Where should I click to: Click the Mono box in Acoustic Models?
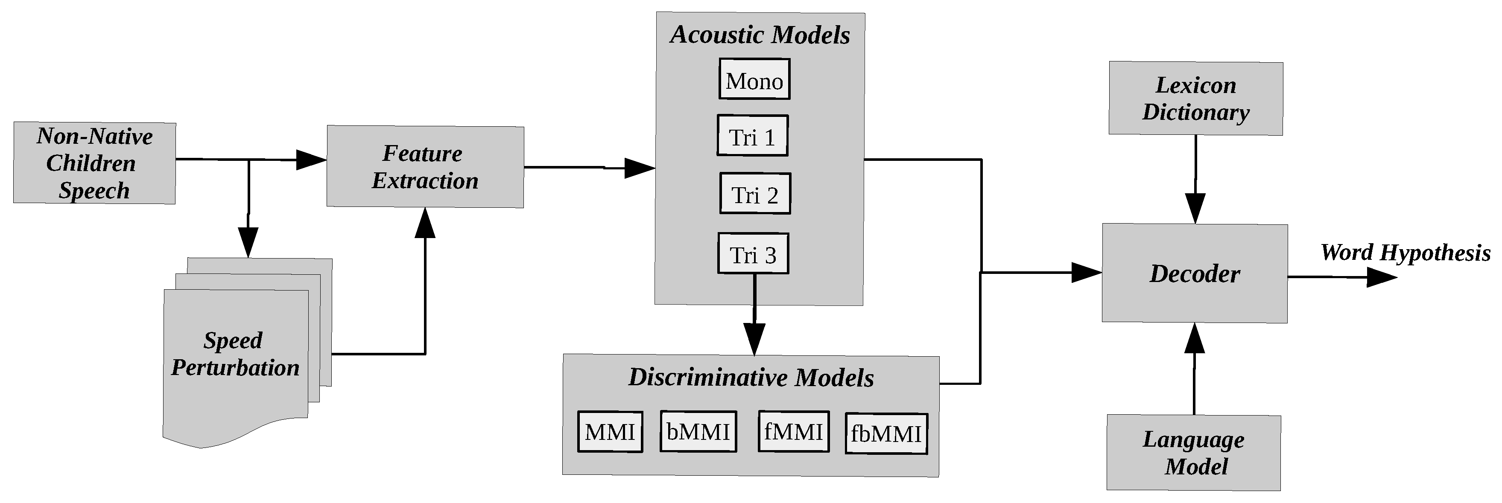(x=754, y=79)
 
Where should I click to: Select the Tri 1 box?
(x=752, y=136)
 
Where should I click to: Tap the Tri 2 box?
(x=755, y=194)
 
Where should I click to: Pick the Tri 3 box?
(x=753, y=254)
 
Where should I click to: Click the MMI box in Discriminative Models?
(x=610, y=432)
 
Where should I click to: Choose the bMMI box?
(x=698, y=432)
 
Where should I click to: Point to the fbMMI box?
(x=885, y=433)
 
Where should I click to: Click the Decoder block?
(x=1194, y=273)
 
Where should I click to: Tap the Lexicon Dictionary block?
(x=1195, y=99)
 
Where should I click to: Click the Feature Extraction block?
(x=424, y=167)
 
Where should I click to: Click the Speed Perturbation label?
(x=234, y=354)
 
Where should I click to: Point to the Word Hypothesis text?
(x=1405, y=253)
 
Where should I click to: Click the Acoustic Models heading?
(x=759, y=35)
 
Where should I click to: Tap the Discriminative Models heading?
(x=751, y=378)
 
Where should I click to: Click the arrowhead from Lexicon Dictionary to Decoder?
(x=1195, y=208)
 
